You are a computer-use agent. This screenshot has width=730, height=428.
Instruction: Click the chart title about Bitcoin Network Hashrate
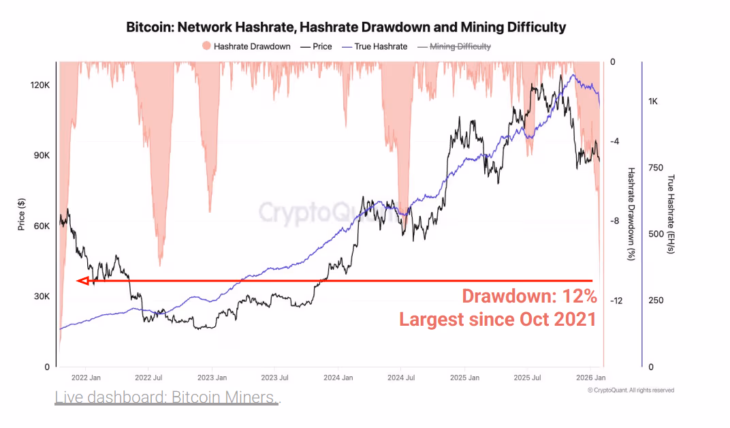(346, 27)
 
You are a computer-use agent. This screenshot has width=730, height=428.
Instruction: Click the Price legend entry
(317, 46)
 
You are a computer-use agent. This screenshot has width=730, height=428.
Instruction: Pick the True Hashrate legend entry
(377, 46)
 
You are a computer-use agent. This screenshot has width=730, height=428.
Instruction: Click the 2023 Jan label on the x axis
(212, 377)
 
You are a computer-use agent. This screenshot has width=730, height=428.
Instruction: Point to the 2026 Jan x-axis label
(590, 377)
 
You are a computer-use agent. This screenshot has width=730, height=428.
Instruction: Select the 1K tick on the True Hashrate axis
(652, 102)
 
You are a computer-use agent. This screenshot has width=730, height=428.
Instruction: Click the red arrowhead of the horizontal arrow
(82, 281)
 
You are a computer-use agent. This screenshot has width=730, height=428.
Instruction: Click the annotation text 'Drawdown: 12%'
(529, 296)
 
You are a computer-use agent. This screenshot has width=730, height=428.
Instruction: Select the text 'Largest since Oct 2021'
(498, 318)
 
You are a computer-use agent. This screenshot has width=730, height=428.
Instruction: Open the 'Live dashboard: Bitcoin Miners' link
(167, 397)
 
